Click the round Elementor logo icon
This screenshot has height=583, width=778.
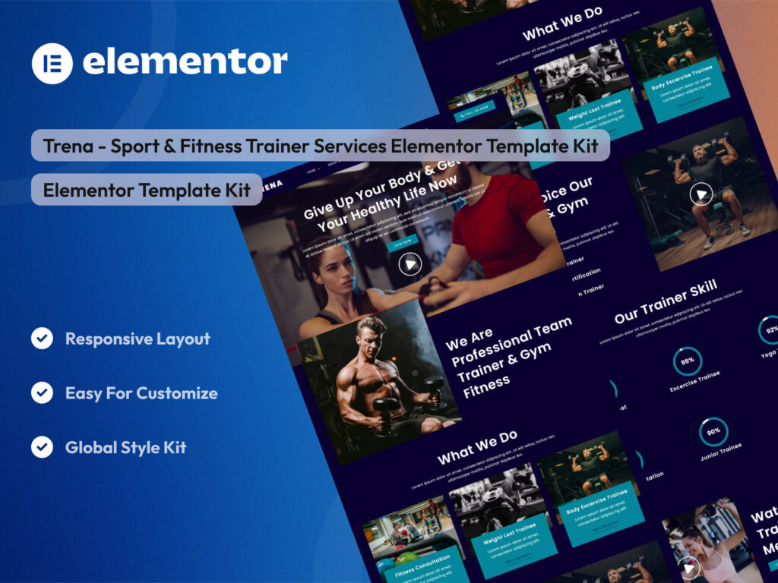[x=52, y=63]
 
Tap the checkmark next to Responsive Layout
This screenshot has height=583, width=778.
[x=42, y=339]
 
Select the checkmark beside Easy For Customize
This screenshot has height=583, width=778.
[x=42, y=392]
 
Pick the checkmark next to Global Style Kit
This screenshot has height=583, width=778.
[x=42, y=447]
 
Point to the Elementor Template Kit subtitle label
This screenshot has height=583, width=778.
[x=147, y=191]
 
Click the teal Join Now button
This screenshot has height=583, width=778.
[x=403, y=242]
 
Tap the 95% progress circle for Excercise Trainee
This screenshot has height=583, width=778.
[x=688, y=362]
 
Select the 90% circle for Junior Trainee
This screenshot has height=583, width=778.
[x=713, y=431]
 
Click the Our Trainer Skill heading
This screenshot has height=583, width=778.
[x=666, y=302]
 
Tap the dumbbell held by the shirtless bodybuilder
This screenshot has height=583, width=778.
[x=384, y=410]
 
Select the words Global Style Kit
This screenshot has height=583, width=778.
[x=125, y=447]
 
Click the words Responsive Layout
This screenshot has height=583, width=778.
[x=138, y=339]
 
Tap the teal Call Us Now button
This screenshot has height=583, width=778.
[x=475, y=112]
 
